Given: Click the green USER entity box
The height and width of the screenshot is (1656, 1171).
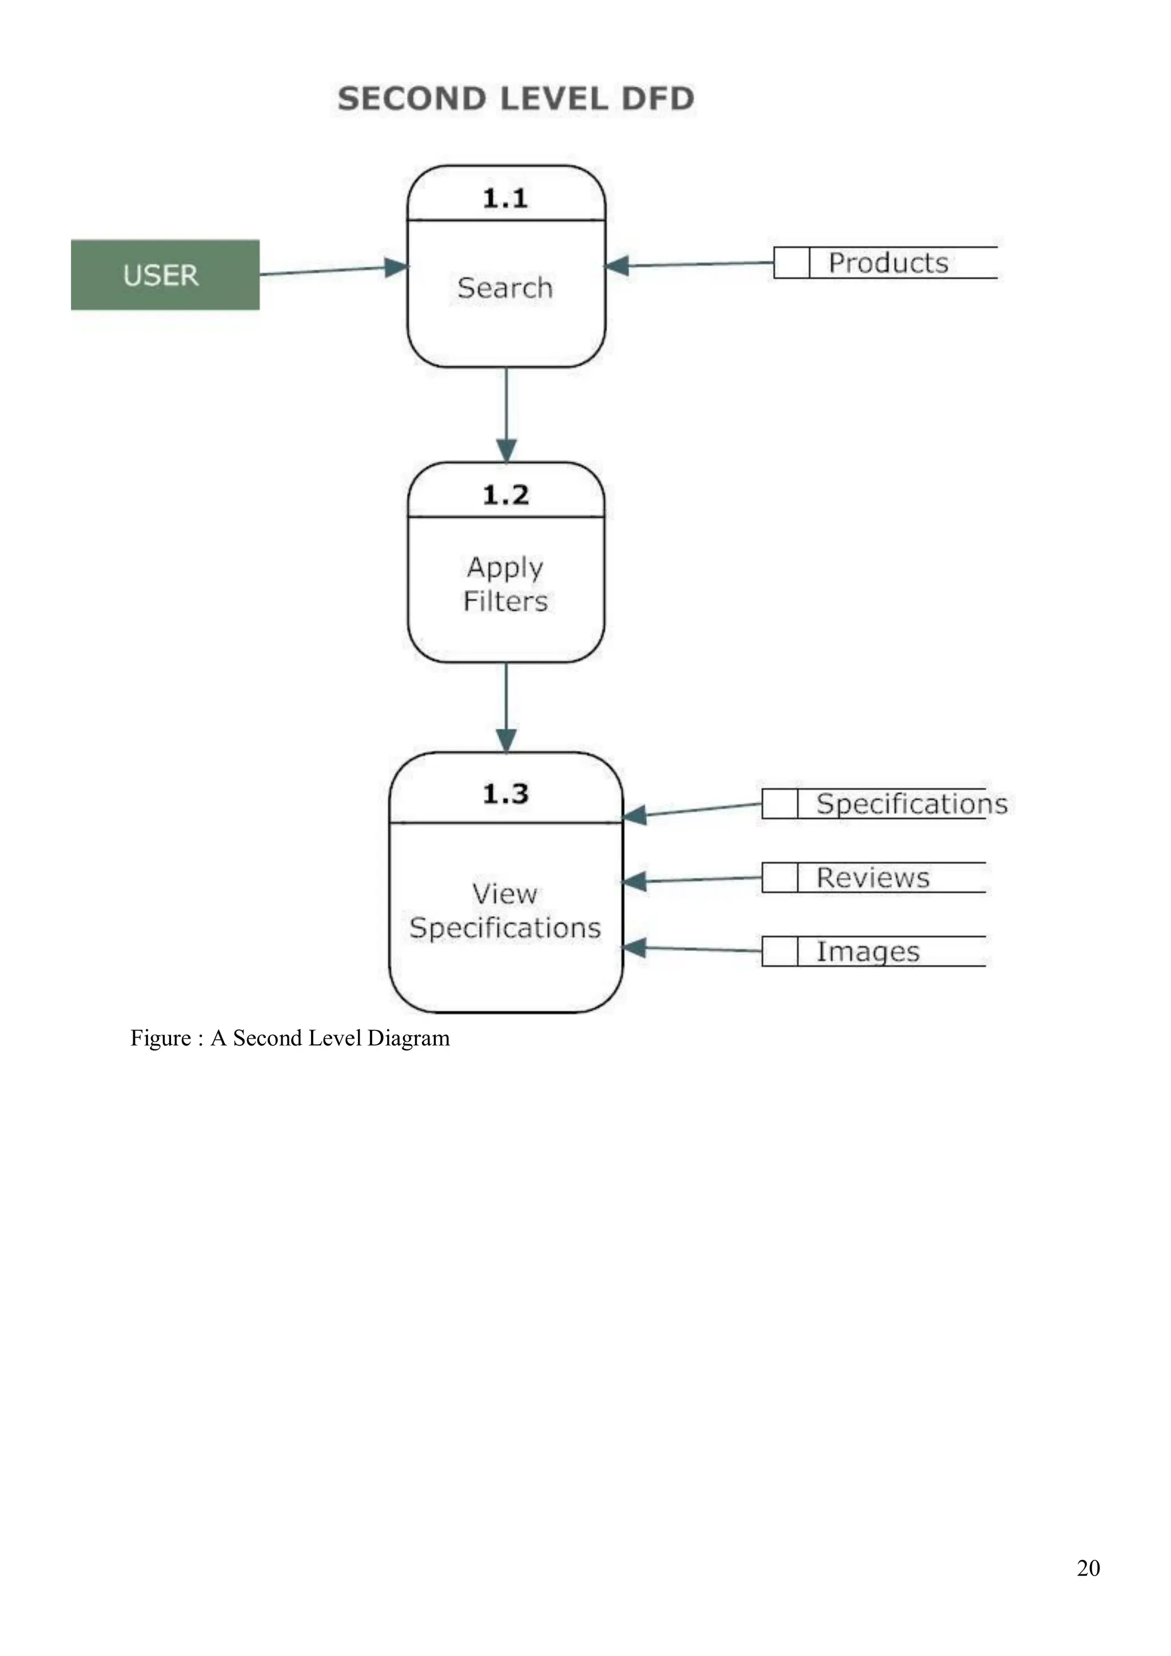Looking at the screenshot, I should pyautogui.click(x=165, y=275).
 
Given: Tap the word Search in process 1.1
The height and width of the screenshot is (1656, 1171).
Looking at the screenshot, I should pyautogui.click(x=505, y=288).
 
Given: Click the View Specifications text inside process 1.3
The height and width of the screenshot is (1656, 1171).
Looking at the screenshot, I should pyautogui.click(x=505, y=911).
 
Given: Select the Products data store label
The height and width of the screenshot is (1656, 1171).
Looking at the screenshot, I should pyautogui.click(x=887, y=262).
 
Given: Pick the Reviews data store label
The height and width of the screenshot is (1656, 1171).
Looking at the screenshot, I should pyautogui.click(x=873, y=878).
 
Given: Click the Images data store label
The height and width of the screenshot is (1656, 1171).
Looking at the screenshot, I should pyautogui.click(x=867, y=951).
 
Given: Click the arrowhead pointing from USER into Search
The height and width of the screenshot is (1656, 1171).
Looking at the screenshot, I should pyautogui.click(x=396, y=268).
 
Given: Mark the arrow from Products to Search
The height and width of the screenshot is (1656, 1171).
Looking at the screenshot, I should pyautogui.click(x=692, y=265).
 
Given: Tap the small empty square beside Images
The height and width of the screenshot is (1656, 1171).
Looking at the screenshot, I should pyautogui.click(x=779, y=951).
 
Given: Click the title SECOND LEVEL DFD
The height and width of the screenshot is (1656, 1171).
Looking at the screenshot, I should pyautogui.click(x=515, y=99).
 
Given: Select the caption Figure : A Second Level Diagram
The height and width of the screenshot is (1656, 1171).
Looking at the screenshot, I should pyautogui.click(x=289, y=1038).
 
